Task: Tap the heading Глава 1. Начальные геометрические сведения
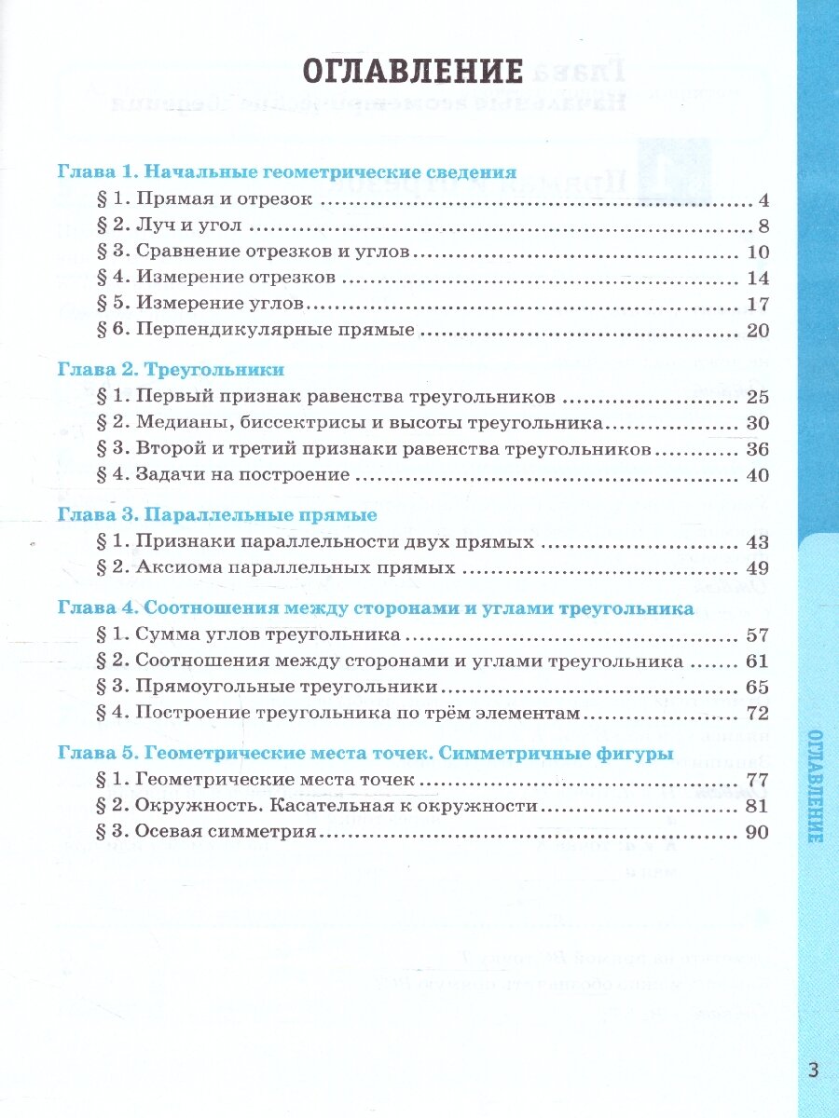(286, 172)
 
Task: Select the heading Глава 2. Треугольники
(171, 369)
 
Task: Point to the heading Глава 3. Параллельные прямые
(216, 514)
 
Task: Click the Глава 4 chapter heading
(375, 608)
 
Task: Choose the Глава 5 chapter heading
(364, 754)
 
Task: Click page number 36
(756, 449)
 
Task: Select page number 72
(756, 714)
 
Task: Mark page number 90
(756, 832)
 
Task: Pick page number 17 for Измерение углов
(756, 304)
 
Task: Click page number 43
(756, 541)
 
